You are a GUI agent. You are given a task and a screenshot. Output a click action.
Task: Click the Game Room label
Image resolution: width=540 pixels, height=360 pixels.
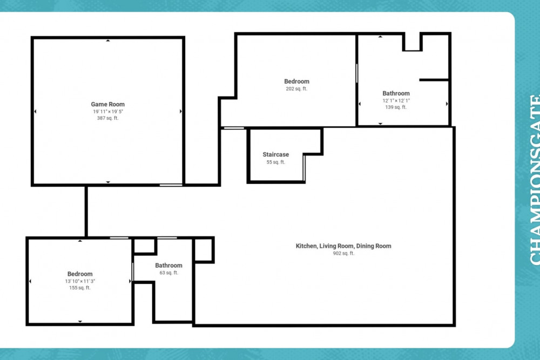107,104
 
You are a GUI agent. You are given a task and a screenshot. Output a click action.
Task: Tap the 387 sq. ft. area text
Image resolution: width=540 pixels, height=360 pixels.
107,118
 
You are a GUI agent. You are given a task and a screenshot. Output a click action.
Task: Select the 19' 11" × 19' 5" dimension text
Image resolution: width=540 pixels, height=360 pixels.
107,111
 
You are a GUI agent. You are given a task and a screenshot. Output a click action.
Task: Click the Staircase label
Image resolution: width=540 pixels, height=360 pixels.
275,154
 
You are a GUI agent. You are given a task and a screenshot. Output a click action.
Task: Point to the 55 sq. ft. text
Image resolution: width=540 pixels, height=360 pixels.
275,162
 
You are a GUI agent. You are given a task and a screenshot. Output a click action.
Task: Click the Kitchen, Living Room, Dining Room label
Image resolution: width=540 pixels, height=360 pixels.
343,246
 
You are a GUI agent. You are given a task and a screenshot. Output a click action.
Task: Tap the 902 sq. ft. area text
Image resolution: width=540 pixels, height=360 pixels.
343,253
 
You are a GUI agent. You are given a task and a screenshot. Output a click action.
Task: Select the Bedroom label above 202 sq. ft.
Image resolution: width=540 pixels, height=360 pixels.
297,81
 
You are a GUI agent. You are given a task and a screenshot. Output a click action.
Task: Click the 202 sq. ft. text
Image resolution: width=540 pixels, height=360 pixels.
296,89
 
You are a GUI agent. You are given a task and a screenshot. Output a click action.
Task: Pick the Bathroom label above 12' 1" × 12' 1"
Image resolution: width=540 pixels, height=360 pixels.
396,93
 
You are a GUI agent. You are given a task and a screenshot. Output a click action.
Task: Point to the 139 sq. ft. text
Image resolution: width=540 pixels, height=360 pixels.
396,107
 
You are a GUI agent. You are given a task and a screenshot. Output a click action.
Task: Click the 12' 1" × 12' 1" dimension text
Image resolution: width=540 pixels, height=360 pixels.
396,100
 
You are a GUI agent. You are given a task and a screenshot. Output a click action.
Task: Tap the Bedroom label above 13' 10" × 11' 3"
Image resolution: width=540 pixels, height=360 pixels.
80,274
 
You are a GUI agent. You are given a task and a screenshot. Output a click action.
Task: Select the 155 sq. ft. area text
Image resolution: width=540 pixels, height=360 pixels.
80,288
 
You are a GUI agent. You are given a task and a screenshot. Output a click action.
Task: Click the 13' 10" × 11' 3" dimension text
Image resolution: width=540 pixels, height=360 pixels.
80,281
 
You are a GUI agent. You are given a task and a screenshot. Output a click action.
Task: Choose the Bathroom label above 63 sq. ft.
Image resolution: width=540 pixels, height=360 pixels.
168,265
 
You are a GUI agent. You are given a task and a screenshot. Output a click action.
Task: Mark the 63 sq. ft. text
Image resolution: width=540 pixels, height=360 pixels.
168,273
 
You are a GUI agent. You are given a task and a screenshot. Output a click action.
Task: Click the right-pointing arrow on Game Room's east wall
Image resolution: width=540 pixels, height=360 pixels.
180,111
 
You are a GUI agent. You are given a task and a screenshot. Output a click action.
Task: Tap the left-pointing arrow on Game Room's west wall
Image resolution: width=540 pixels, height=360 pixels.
35,111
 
